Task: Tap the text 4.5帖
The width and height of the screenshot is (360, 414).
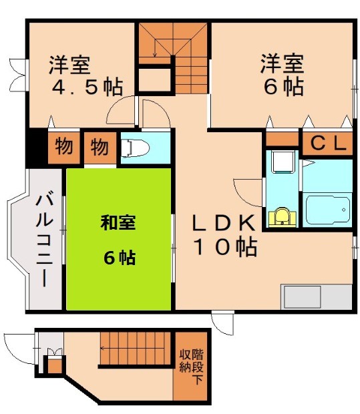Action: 85,87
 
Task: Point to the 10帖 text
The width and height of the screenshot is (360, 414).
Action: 225,247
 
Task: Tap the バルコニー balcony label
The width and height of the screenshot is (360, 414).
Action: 44,238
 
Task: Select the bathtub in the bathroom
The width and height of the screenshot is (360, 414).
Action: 327,210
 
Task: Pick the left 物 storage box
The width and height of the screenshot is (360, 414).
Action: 63,147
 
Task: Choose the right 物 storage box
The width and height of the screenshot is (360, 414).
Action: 99,147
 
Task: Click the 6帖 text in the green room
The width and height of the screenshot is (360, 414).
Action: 118,258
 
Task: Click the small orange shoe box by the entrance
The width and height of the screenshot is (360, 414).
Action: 51,365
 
